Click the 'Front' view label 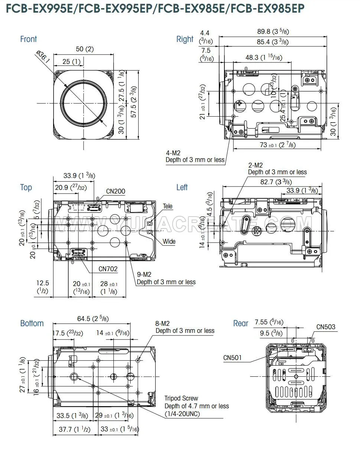pyautogui.click(x=29, y=39)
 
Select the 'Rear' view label pyautogui.click(x=240, y=323)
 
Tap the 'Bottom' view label pyautogui.click(x=32, y=323)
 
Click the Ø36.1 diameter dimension pyautogui.click(x=43, y=57)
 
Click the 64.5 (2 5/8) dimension pyautogui.click(x=93, y=319)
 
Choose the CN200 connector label pyautogui.click(x=116, y=191)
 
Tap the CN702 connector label pyautogui.click(x=108, y=268)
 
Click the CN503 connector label pyautogui.click(x=326, y=327)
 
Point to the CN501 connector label pyautogui.click(x=233, y=357)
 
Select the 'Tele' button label pyautogui.click(x=168, y=206)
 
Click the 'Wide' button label pyautogui.click(x=169, y=241)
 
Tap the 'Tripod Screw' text pyautogui.click(x=181, y=398)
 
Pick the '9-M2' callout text pyautogui.click(x=144, y=274)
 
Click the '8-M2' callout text pyautogui.click(x=162, y=323)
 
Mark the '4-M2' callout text pyautogui.click(x=173, y=152)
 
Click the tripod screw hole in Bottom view pyautogui.click(x=74, y=377)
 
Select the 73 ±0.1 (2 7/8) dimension pyautogui.click(x=278, y=145)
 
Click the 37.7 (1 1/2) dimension pyautogui.click(x=74, y=429)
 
